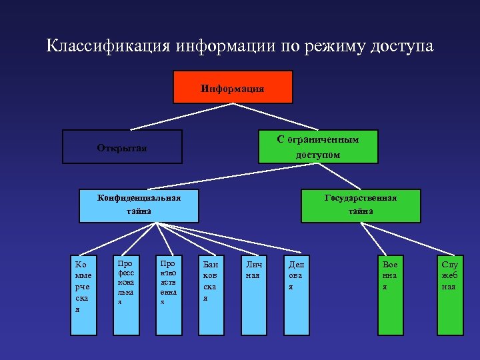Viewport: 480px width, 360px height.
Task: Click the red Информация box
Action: (x=233, y=87)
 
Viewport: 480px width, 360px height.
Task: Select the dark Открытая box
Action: (x=122, y=147)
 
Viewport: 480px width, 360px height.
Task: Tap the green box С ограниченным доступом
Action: (x=318, y=146)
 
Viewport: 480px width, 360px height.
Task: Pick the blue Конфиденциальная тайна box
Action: (x=139, y=205)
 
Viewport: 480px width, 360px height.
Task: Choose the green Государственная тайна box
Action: (x=361, y=205)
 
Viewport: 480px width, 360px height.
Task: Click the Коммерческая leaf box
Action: (x=85, y=293)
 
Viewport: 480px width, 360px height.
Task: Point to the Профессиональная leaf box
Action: (x=125, y=293)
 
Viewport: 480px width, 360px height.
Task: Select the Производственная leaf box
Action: (x=167, y=293)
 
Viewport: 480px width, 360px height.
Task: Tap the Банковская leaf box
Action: (x=211, y=293)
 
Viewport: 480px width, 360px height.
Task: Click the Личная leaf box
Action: (x=252, y=293)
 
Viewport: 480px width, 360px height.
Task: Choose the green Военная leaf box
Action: (x=389, y=293)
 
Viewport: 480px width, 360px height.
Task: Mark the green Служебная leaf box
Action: (x=449, y=293)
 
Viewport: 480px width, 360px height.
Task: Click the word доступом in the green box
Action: (x=318, y=155)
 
